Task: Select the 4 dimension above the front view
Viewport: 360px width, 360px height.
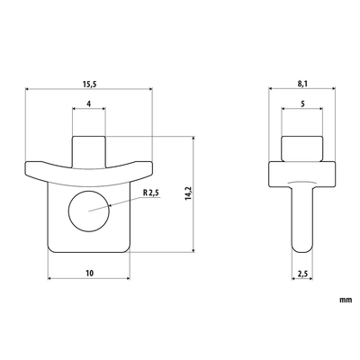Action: (88, 104)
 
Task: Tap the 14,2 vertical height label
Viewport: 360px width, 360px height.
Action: (187, 193)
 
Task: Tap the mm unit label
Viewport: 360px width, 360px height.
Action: (345, 298)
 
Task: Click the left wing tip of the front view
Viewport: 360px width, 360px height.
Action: (32, 168)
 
